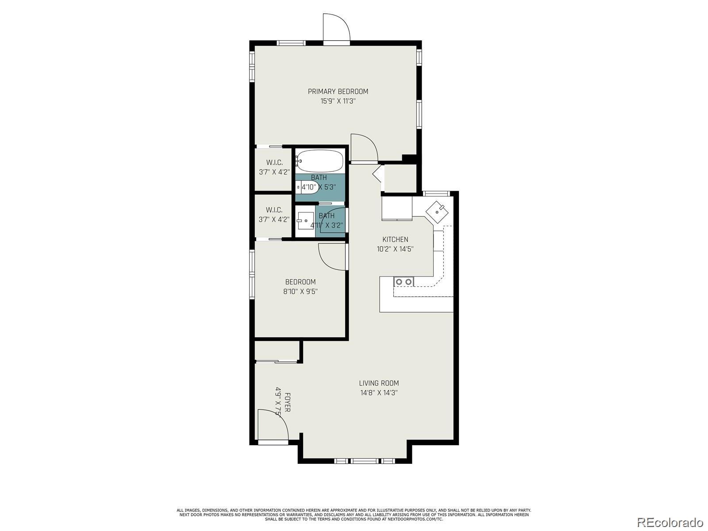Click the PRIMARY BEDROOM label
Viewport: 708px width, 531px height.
tap(338, 92)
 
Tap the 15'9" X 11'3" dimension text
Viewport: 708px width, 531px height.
tap(338, 101)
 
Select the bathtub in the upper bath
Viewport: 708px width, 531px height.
tap(319, 161)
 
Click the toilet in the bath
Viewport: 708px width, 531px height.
tap(308, 188)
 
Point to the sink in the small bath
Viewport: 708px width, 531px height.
tap(305, 220)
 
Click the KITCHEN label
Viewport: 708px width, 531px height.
tap(395, 239)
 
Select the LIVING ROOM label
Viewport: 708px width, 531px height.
tap(379, 383)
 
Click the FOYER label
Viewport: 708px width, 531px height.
tap(287, 402)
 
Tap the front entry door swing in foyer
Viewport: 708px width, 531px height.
tap(272, 425)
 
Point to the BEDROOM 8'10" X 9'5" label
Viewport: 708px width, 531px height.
tap(300, 286)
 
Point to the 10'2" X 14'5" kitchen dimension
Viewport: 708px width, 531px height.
tap(395, 249)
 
